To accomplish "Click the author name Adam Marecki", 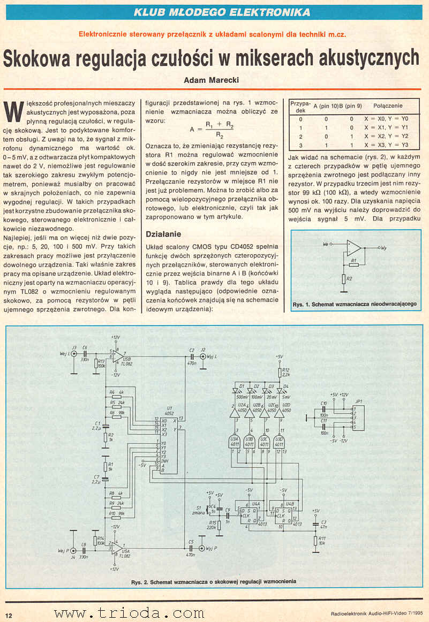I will (x=212, y=80).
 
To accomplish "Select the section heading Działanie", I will (x=163, y=234).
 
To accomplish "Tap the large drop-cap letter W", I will (x=13, y=111).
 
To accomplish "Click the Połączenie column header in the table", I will (x=388, y=106).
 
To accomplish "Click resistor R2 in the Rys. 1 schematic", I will (x=344, y=279).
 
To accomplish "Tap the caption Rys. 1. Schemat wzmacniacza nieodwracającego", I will (x=355, y=304).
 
